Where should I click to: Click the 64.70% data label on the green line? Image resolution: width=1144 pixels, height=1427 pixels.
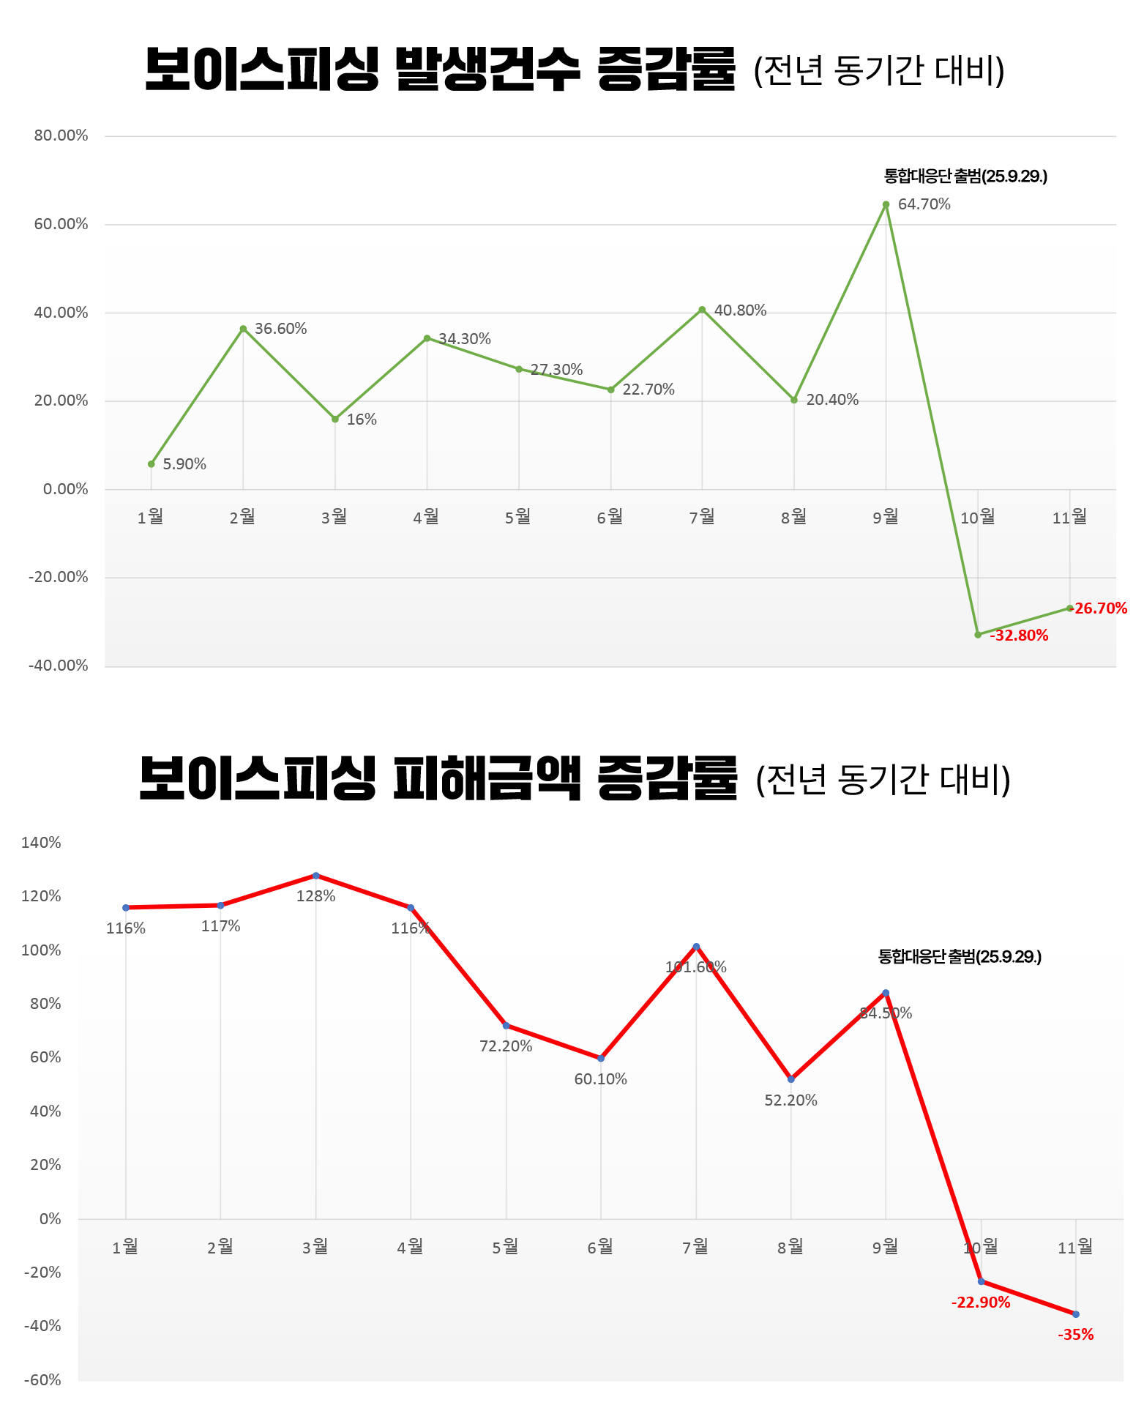pyautogui.click(x=924, y=205)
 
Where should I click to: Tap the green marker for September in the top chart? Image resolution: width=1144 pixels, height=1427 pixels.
pyautogui.click(x=886, y=205)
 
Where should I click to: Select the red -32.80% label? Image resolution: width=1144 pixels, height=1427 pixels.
pyautogui.click(x=1019, y=636)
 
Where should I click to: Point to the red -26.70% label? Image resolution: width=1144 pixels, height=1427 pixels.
pyautogui.click(x=1099, y=608)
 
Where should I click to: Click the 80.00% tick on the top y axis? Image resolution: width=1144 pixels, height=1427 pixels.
pyautogui.click(x=61, y=135)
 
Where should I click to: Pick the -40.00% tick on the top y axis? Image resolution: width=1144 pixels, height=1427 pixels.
pyautogui.click(x=59, y=666)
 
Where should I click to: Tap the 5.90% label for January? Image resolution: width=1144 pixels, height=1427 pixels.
pyautogui.click(x=184, y=464)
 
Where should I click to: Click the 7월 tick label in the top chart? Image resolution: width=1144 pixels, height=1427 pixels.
pyautogui.click(x=702, y=518)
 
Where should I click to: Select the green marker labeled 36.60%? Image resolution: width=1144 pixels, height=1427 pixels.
pyautogui.click(x=243, y=329)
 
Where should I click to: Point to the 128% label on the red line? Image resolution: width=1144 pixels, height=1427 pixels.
pyautogui.click(x=315, y=896)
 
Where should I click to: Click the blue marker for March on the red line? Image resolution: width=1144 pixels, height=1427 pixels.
pyautogui.click(x=315, y=876)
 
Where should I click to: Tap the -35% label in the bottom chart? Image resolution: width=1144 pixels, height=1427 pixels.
pyautogui.click(x=1075, y=1335)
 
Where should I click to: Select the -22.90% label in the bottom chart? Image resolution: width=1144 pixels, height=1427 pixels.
pyautogui.click(x=981, y=1303)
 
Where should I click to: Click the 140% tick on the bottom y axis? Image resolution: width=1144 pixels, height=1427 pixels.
pyautogui.click(x=41, y=843)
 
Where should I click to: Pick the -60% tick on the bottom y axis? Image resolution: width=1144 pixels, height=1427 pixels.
pyautogui.click(x=42, y=1380)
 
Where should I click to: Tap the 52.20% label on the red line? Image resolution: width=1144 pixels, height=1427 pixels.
pyautogui.click(x=790, y=1100)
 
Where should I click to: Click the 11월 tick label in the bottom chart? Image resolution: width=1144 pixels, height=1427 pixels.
pyautogui.click(x=1075, y=1247)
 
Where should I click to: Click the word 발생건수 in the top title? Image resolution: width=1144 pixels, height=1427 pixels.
pyautogui.click(x=487, y=70)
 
